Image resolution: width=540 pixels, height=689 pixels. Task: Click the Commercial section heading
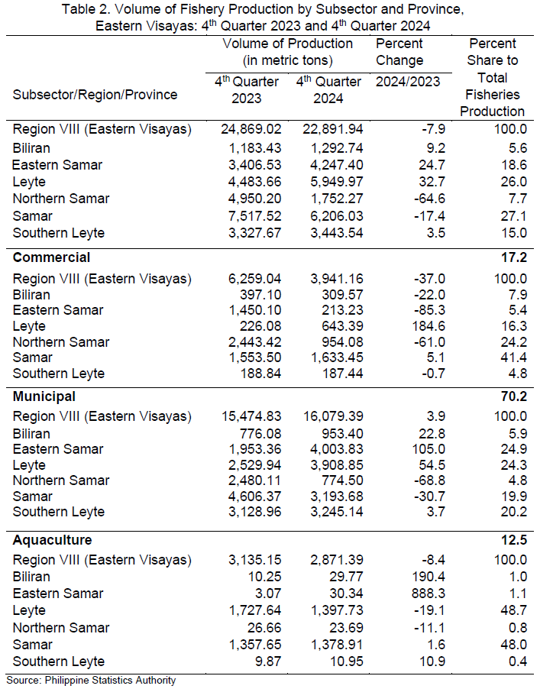click(51, 257)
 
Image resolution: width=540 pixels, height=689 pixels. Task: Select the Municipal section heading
click(44, 396)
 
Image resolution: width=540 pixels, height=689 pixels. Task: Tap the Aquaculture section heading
click(52, 540)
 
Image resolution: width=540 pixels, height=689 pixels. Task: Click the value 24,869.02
click(251, 129)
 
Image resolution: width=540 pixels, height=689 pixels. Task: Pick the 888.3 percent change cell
click(428, 594)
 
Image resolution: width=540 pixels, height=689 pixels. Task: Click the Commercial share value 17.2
click(514, 257)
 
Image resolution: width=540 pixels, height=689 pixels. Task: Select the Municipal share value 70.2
click(514, 396)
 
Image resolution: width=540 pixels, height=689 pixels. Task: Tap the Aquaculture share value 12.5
click(514, 540)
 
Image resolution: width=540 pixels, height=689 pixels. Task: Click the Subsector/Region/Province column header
click(95, 95)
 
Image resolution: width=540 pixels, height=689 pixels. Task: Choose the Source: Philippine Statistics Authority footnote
click(91, 681)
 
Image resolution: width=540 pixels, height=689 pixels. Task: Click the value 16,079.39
click(333, 416)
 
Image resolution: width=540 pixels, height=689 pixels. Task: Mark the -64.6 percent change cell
click(429, 199)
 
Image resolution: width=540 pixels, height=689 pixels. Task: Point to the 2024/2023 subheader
click(408, 82)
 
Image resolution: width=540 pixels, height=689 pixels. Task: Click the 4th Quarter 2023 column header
click(247, 90)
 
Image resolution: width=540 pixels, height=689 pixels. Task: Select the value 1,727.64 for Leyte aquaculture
click(255, 610)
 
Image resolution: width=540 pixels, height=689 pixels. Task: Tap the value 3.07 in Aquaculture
click(268, 594)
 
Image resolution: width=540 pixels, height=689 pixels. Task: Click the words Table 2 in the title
click(84, 9)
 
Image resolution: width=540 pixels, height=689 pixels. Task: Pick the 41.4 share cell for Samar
click(514, 357)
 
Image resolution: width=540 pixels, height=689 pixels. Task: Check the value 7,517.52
click(255, 216)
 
